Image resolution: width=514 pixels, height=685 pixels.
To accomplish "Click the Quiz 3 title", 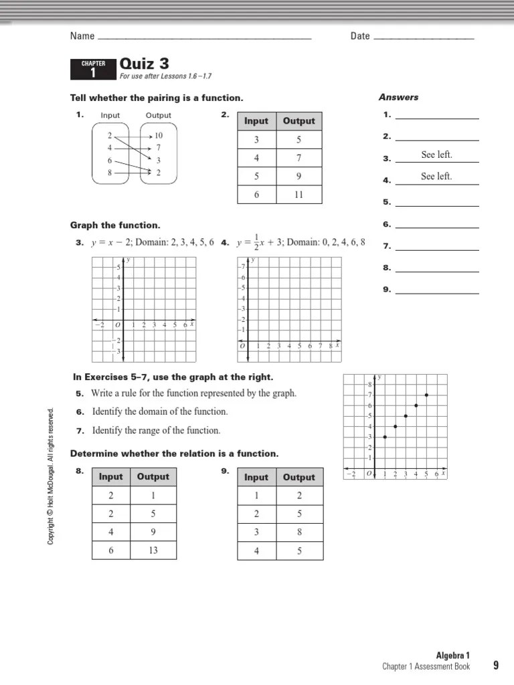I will [x=144, y=64].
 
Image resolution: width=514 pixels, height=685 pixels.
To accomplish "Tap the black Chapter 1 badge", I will [x=93, y=69].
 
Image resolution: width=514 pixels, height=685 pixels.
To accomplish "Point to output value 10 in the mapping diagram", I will [x=159, y=135].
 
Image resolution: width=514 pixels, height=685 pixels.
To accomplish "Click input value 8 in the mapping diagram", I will [x=110, y=173].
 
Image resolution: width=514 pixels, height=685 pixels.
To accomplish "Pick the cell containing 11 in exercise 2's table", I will [x=298, y=195].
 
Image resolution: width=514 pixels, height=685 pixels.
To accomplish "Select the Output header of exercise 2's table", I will [x=298, y=121].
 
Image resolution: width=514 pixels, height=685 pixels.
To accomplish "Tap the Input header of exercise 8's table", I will [x=111, y=477].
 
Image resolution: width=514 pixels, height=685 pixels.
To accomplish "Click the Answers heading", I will [x=398, y=98].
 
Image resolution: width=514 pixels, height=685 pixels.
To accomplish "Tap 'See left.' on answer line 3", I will [x=436, y=155].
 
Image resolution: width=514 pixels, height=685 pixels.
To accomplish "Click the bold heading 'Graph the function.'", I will [x=115, y=225].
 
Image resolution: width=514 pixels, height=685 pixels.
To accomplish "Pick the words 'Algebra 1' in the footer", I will [x=454, y=656].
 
